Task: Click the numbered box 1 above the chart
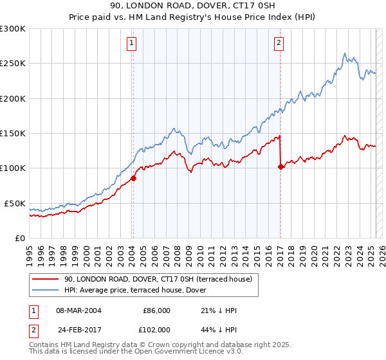[131, 44]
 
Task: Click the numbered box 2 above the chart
[279, 44]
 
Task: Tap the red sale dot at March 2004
[133, 178]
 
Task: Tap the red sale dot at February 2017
[280, 166]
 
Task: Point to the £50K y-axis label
[15, 203]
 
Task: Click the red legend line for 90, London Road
[46, 278]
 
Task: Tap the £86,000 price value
[156, 310]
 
